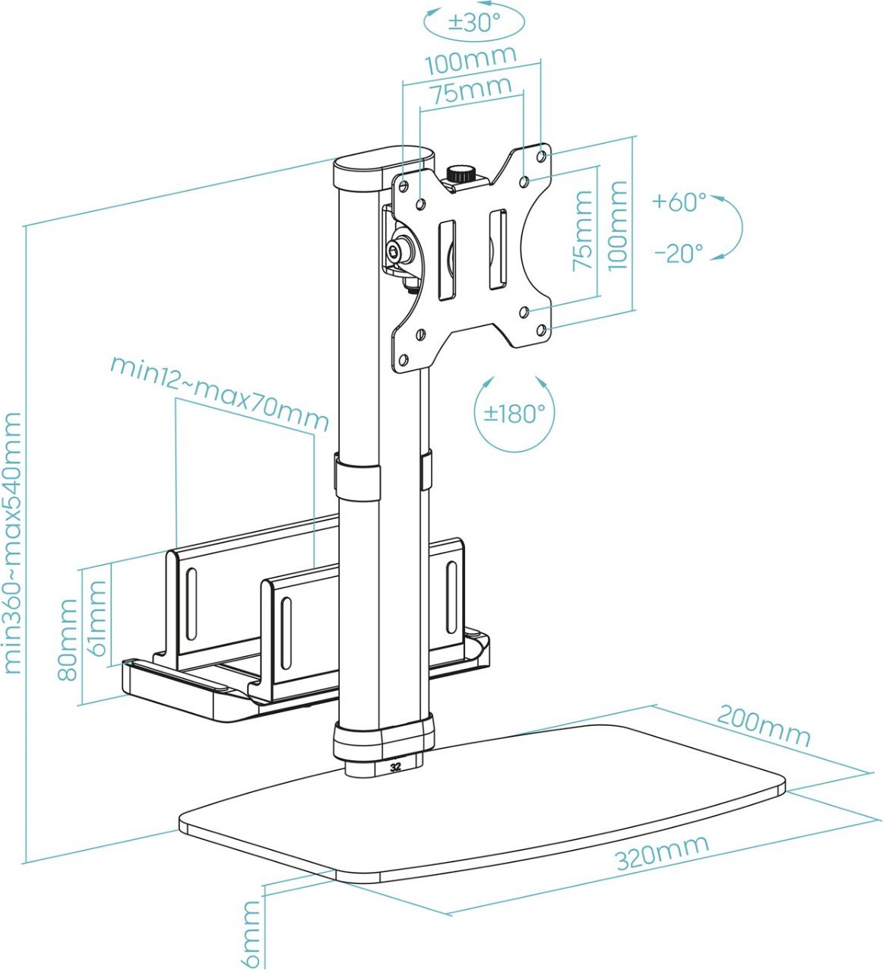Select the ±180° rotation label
515,414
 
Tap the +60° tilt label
679,202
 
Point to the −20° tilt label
679,252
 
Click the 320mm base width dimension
662,851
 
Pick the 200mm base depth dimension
764,725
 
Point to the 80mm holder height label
68,639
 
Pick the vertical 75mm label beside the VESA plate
582,230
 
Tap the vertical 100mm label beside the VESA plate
617,226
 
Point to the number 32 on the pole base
394,766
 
